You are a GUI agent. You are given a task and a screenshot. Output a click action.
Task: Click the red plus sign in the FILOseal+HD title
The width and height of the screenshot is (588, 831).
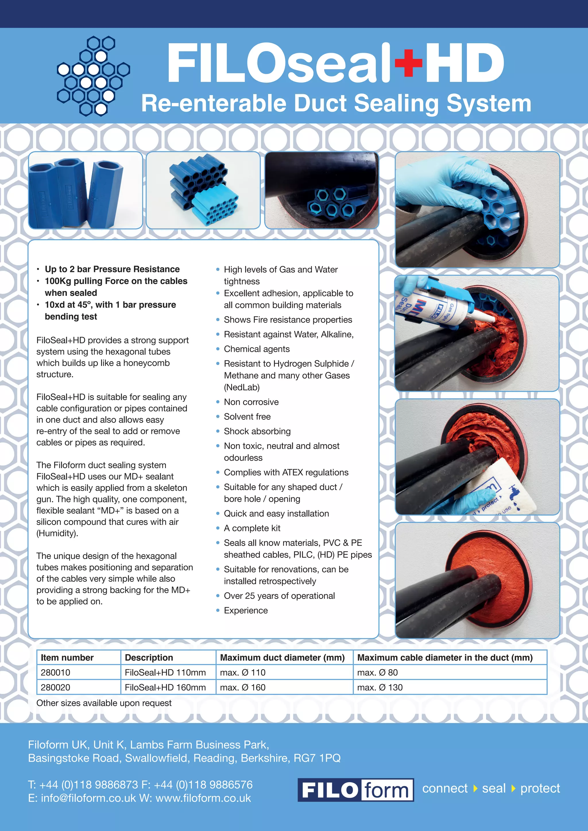click(409, 63)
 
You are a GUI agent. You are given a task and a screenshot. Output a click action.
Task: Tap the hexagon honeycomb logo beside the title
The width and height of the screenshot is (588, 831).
click(93, 76)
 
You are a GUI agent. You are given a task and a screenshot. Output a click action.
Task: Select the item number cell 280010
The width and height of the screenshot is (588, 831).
click(55, 673)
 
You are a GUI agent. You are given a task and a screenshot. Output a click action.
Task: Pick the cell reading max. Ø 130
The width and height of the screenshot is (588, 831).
click(380, 687)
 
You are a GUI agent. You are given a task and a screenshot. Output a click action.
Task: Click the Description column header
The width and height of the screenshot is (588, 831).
click(149, 658)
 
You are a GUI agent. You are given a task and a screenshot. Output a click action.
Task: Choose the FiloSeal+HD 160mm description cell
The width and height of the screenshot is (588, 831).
click(165, 687)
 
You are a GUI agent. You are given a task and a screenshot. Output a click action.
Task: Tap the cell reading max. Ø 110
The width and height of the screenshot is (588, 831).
click(243, 673)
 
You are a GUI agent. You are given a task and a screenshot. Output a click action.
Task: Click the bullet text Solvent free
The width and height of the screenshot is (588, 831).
click(247, 417)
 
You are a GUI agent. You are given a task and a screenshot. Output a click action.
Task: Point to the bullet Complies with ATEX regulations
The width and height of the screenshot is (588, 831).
click(286, 472)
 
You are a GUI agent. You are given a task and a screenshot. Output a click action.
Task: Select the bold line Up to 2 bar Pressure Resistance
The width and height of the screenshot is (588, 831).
click(112, 269)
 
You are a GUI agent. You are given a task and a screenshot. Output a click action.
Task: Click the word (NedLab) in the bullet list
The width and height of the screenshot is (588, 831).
click(242, 387)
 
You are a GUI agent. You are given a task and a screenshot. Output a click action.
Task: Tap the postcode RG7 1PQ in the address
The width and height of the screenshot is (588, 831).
click(317, 758)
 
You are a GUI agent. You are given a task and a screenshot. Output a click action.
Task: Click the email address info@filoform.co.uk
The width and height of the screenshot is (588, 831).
click(88, 798)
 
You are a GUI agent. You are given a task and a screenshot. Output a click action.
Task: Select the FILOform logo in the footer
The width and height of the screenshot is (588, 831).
click(355, 790)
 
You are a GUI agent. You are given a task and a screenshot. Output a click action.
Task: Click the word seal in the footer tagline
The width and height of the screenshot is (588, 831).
click(494, 788)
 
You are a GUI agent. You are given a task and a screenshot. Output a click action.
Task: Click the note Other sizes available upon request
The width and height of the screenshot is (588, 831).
click(104, 703)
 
